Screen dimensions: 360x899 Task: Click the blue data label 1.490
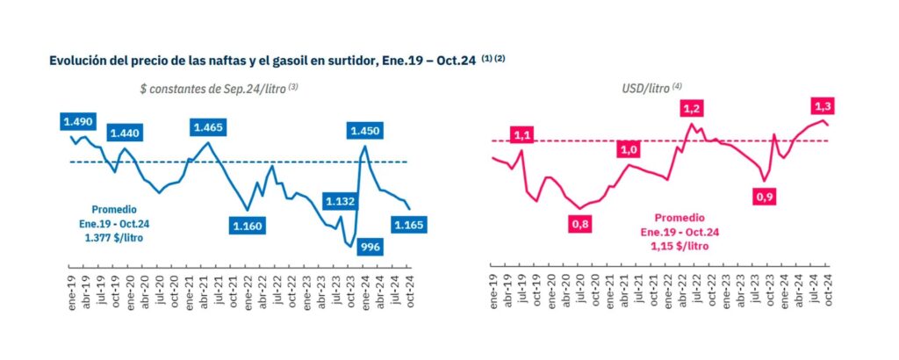click(79, 120)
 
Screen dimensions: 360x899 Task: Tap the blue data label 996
click(370, 248)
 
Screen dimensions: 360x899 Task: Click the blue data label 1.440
click(125, 133)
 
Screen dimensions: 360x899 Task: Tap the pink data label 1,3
click(824, 106)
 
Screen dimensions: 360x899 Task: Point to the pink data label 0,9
click(765, 198)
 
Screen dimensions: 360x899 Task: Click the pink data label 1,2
click(692, 108)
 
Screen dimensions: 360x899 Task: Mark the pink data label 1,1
click(523, 135)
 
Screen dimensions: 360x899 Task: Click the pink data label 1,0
click(629, 150)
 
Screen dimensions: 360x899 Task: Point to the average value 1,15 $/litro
click(680, 246)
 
